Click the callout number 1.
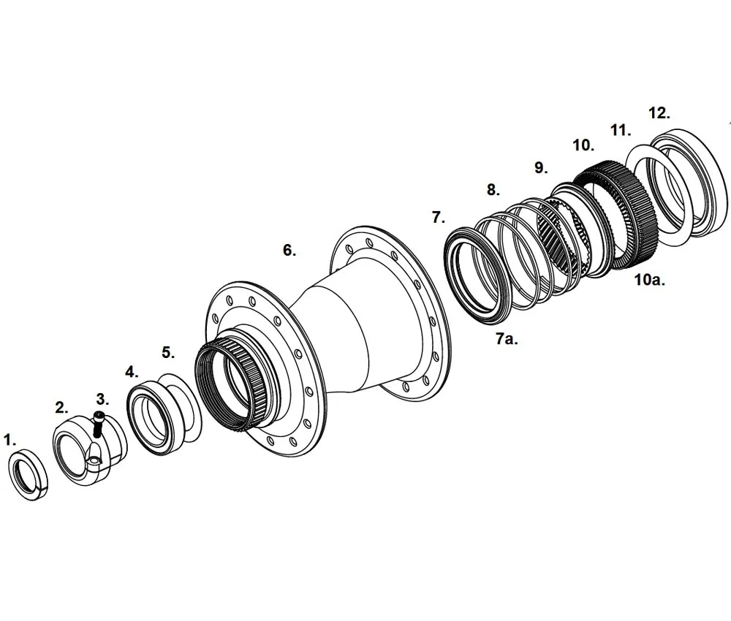[x=10, y=440]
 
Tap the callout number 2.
[x=62, y=407]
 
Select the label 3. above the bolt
[x=102, y=399]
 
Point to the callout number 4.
[x=132, y=371]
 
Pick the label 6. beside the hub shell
[x=289, y=250]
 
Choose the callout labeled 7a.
[x=506, y=339]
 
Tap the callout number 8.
[x=493, y=190]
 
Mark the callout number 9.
[x=541, y=167]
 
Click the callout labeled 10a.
[x=649, y=280]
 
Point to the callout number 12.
[x=659, y=113]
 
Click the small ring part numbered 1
[x=29, y=476]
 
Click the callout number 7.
[x=439, y=217]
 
